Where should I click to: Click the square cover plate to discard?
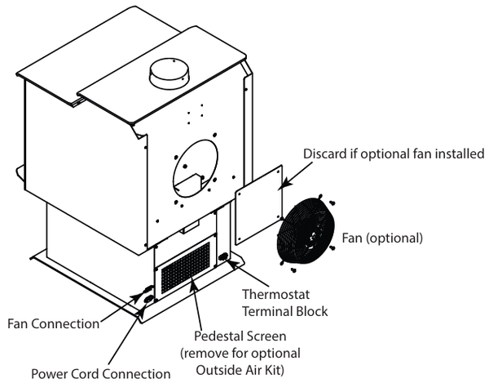click(x=259, y=206)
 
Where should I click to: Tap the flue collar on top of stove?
click(x=168, y=77)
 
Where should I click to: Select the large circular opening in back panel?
click(x=196, y=167)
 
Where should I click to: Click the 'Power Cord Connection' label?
click(x=101, y=374)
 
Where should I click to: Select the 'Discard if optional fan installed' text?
click(x=394, y=154)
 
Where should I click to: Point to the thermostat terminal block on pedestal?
click(x=223, y=259)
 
